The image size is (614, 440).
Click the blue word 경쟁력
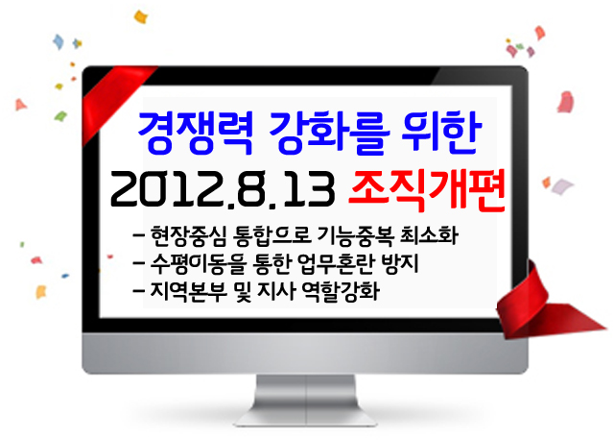pos(196,132)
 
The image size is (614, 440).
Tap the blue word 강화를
pos(329,132)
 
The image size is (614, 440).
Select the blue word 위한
pos(441,132)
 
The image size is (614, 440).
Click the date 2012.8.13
pos(223,189)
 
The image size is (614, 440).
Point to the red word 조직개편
pos(426,190)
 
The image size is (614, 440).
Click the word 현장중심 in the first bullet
pos(189,235)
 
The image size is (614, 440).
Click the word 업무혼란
pos(335,263)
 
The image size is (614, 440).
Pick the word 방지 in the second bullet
pos(399,263)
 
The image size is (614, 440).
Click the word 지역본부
pos(189,292)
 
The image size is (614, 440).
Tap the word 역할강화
pos(341,292)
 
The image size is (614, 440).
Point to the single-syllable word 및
pos(242,292)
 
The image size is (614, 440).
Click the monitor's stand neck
pos(305,396)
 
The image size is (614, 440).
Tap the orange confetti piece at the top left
pos(141,17)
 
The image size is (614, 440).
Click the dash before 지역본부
pos(139,292)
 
